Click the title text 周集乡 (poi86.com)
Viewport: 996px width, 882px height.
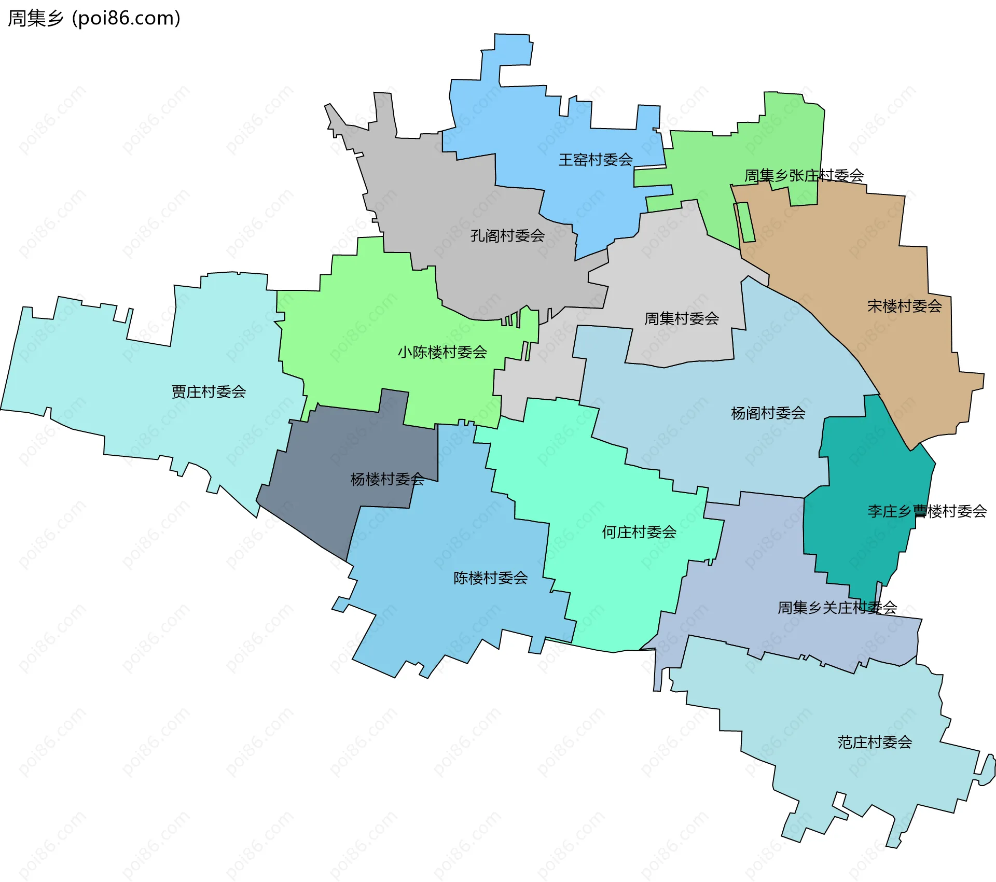click(x=94, y=18)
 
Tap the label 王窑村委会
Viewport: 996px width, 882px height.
click(x=595, y=160)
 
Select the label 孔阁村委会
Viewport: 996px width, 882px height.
click(x=507, y=236)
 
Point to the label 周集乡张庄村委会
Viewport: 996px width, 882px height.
click(x=804, y=176)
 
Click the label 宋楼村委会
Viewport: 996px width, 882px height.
click(x=904, y=306)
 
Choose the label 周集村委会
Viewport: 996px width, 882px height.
click(x=681, y=319)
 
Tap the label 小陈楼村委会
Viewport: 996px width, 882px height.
click(x=442, y=353)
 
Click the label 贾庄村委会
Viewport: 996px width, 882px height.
click(x=209, y=392)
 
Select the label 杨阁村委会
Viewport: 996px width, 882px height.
click(x=768, y=413)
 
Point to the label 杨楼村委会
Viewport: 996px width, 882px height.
click(x=387, y=479)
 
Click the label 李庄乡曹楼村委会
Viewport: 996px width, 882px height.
click(x=926, y=512)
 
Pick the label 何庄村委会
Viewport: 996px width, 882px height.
click(x=639, y=532)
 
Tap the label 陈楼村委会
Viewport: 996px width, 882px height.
click(x=490, y=578)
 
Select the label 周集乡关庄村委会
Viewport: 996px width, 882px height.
click(x=837, y=608)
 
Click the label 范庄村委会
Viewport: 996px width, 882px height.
click(x=874, y=743)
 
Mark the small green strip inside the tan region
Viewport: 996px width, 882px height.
click(x=744, y=223)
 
